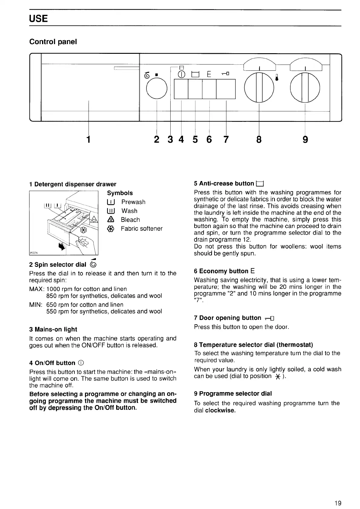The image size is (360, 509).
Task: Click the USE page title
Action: point(38,19)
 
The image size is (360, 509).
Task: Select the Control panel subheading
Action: point(53,42)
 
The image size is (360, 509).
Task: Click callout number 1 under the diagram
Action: point(88,139)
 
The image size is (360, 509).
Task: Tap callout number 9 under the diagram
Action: point(305,139)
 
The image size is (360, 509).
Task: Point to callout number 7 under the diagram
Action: point(226,139)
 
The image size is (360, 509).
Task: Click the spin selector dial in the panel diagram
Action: point(157,89)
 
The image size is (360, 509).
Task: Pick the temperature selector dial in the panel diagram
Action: point(259,88)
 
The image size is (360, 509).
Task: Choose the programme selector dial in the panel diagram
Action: point(305,88)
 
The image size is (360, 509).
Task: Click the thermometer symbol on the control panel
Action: point(276,78)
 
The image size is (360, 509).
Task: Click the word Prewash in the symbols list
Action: point(133,202)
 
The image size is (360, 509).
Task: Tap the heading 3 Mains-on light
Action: point(53,329)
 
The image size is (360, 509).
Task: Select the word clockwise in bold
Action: point(220,410)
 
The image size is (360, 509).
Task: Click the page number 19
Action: point(338,495)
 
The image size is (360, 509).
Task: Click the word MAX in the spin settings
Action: point(37,289)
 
